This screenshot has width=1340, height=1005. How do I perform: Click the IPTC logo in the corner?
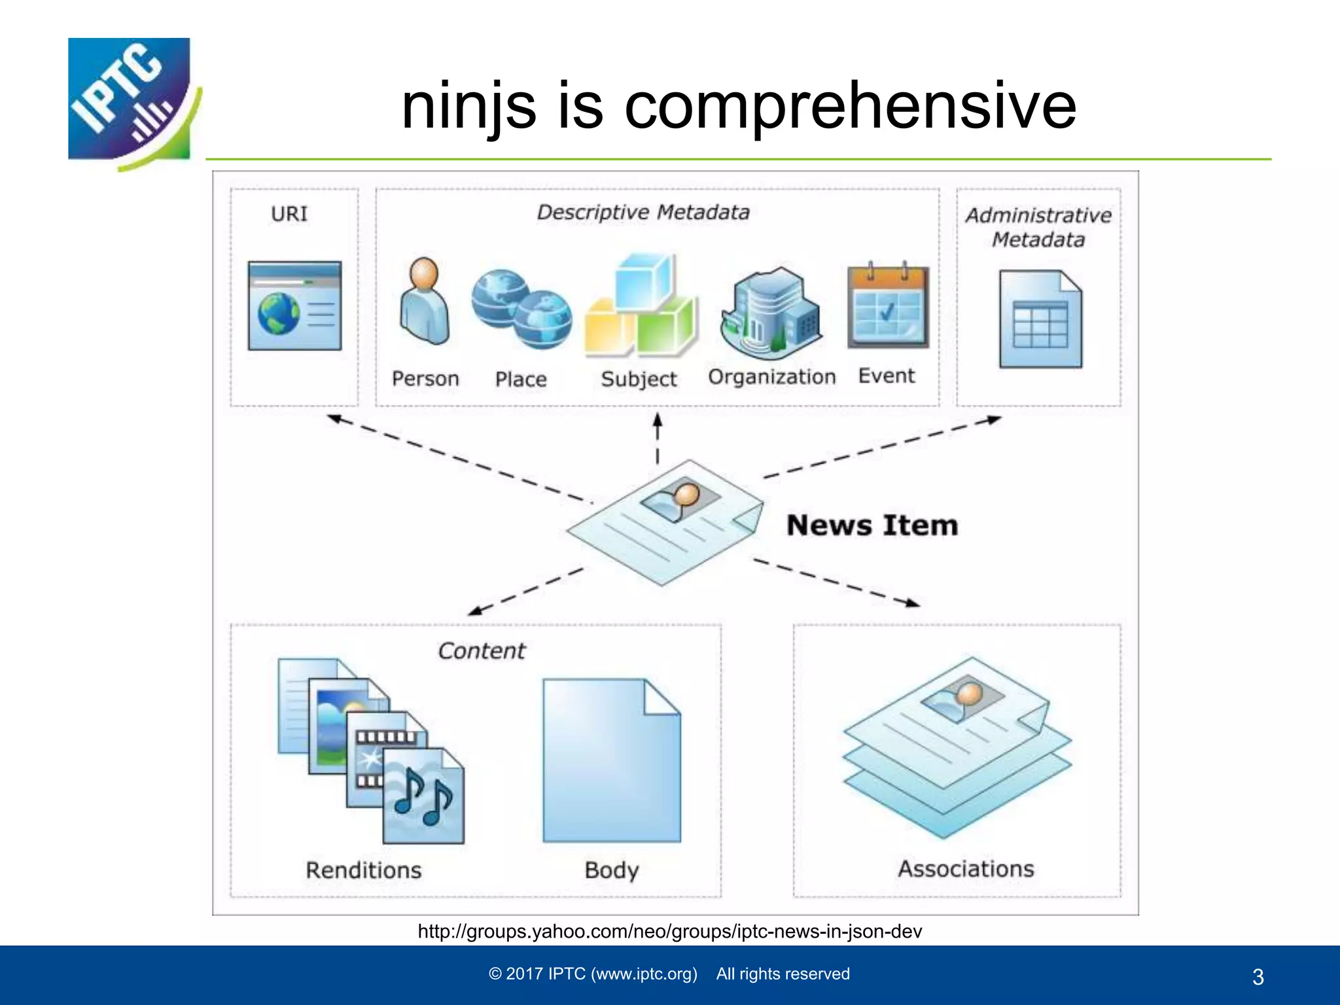point(131,101)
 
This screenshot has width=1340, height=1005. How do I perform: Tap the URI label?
point(289,214)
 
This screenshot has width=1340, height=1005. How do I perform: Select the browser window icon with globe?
point(294,306)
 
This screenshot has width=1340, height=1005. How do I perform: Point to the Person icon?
point(425,301)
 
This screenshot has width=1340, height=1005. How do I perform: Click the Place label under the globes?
point(521,379)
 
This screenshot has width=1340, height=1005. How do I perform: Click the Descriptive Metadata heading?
point(643,213)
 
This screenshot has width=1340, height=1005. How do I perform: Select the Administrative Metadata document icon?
point(1040,319)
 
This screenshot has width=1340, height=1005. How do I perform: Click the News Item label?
point(872,525)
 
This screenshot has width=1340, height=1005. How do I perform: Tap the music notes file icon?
point(424,796)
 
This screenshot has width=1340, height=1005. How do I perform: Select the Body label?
point(612,870)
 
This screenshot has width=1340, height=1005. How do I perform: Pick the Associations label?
point(966,869)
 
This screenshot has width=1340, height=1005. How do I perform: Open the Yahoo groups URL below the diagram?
point(670,931)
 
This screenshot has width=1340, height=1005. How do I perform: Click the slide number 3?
point(1258,977)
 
